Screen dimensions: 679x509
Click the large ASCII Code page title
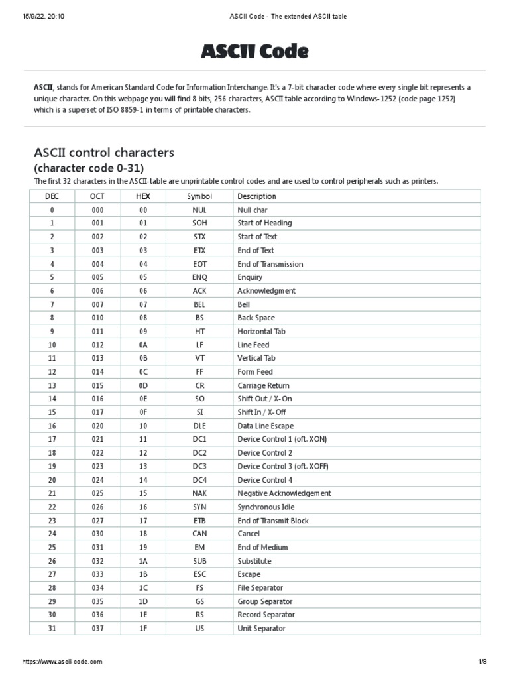[x=254, y=51]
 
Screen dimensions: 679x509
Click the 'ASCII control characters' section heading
[x=104, y=153]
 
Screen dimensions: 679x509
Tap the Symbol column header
[x=199, y=196]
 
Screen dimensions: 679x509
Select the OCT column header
[x=97, y=196]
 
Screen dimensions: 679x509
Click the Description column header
[x=256, y=196]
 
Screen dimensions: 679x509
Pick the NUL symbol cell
[x=199, y=210]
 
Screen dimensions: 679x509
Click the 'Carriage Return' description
[x=263, y=385]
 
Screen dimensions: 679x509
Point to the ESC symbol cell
[x=199, y=574]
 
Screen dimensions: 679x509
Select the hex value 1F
[x=143, y=628]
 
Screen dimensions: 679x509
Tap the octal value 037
[x=97, y=628]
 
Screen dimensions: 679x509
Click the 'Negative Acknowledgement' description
[x=284, y=493]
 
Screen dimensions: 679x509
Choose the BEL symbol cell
[x=199, y=304]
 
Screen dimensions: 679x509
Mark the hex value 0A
[x=143, y=345]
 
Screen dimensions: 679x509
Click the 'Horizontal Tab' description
[x=261, y=331]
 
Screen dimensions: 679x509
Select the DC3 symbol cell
[x=199, y=466]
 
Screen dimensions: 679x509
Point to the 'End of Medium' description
[x=262, y=547]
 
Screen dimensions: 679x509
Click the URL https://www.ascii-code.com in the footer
[x=62, y=662]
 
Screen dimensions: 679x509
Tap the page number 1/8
[x=482, y=662]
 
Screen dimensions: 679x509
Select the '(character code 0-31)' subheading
[x=88, y=168]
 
